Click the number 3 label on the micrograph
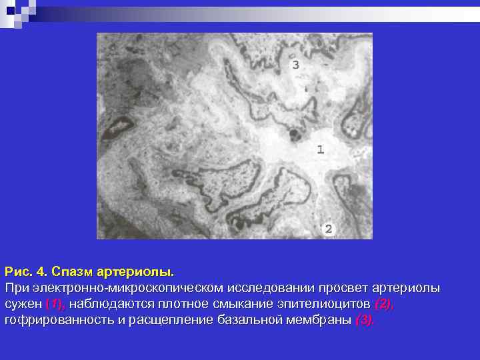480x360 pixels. [x=295, y=65]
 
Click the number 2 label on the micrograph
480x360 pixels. [x=329, y=229]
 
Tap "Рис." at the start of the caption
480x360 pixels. [x=18, y=273]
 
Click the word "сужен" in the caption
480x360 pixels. [x=24, y=305]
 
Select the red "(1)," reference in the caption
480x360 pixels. [x=56, y=305]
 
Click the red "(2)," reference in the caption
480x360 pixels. [x=385, y=305]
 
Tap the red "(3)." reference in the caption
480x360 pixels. [x=365, y=321]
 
